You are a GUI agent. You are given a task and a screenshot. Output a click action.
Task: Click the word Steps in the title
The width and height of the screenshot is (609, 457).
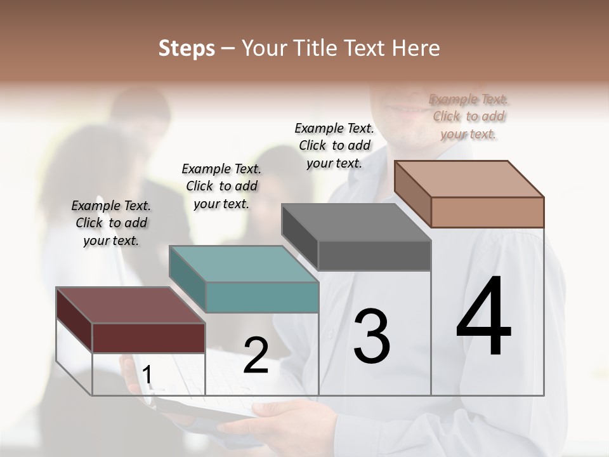(x=187, y=48)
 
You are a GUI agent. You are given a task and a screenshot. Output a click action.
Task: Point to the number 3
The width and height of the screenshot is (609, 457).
(x=372, y=336)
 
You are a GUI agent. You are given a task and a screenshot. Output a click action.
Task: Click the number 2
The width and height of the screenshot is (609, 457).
(x=256, y=355)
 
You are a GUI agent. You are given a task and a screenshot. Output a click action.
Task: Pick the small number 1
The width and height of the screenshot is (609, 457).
(x=147, y=375)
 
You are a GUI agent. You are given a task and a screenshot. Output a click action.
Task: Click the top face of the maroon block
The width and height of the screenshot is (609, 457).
(x=130, y=305)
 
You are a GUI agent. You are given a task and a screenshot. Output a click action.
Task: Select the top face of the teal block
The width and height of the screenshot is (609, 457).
(x=244, y=264)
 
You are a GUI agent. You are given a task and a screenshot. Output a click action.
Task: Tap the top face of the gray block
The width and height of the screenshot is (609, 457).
(x=356, y=222)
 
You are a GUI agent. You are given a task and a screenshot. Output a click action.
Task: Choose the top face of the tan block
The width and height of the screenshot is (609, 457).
(x=469, y=179)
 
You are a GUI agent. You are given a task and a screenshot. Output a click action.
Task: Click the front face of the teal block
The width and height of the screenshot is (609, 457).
(x=262, y=297)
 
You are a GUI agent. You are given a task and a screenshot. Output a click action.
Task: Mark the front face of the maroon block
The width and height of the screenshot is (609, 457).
(x=149, y=338)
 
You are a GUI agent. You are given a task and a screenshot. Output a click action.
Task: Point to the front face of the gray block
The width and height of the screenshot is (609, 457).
(x=374, y=255)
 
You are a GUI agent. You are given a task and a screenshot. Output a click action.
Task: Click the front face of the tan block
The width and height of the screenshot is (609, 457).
(x=487, y=212)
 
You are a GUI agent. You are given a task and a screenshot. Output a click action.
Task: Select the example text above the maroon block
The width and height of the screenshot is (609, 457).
(x=111, y=223)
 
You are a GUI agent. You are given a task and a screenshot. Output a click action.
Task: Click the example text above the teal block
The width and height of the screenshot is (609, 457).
(x=221, y=186)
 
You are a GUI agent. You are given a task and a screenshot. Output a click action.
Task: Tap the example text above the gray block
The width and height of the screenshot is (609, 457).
(x=334, y=145)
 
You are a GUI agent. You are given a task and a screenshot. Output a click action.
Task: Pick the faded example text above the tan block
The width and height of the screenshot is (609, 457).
(x=469, y=116)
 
